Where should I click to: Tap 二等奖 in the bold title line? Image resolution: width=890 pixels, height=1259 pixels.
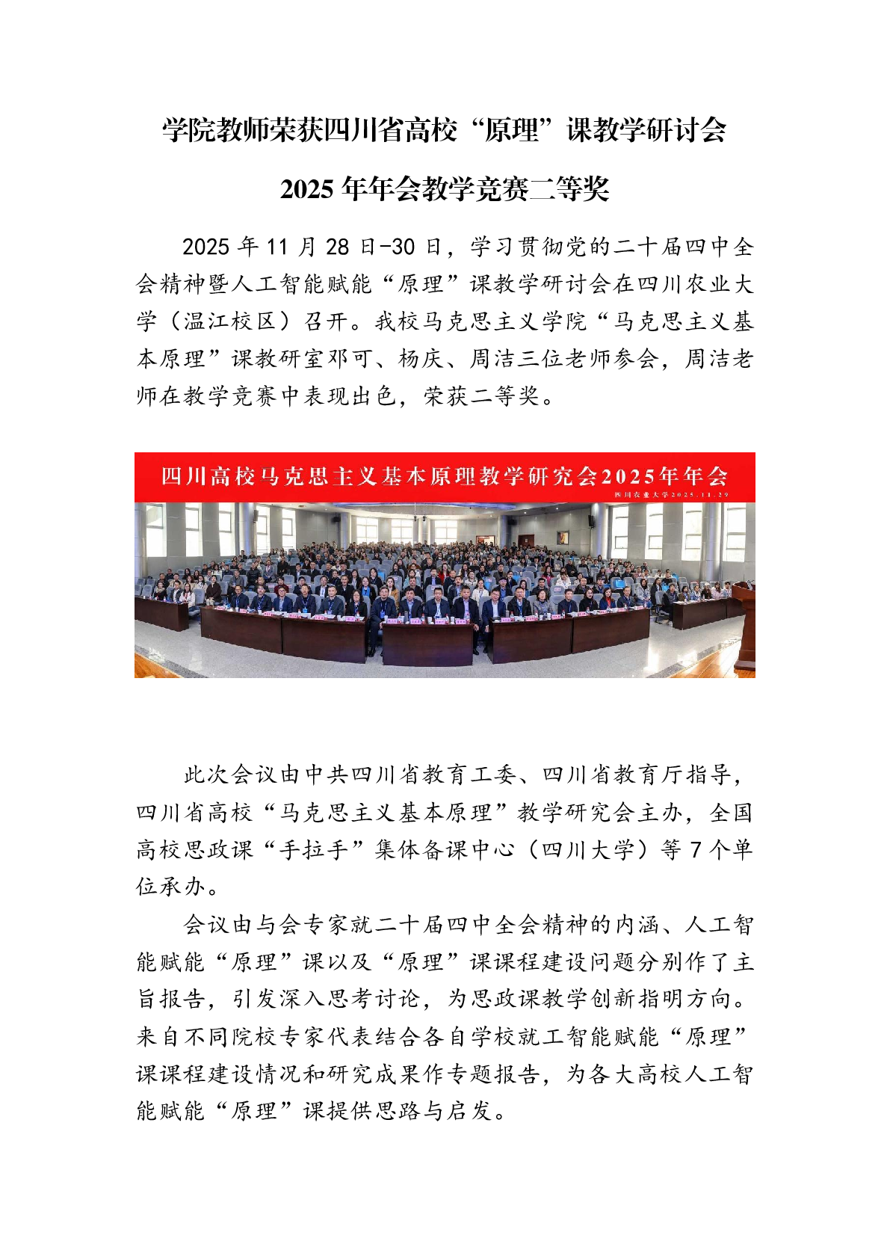tap(569, 190)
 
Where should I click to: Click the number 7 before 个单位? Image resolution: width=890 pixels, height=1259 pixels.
tap(696, 850)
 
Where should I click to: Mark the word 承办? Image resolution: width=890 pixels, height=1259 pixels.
tap(183, 887)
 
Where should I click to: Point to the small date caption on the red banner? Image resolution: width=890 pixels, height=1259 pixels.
tap(671, 495)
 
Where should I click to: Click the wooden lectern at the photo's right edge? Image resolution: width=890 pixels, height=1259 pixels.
tap(744, 628)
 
